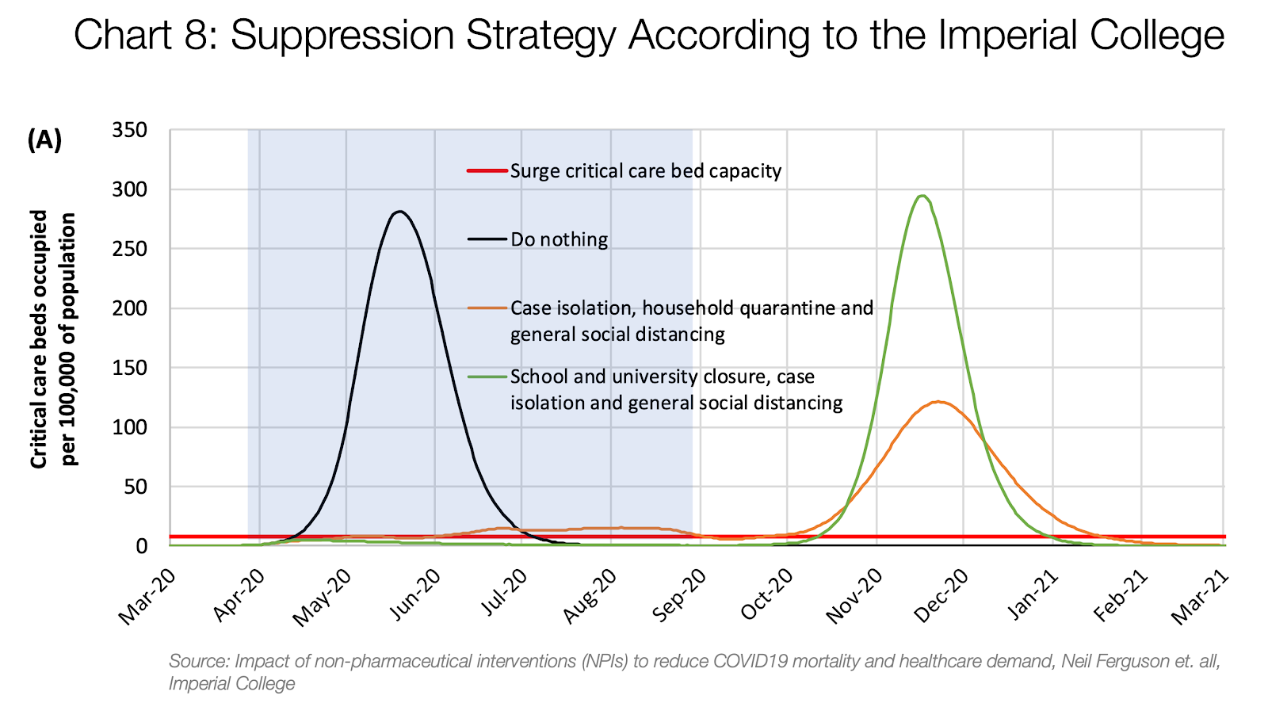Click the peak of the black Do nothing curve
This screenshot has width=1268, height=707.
tap(400, 212)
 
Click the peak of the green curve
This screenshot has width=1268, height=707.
tap(922, 196)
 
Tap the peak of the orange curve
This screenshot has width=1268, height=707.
tap(938, 402)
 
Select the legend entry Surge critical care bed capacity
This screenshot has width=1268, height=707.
tap(645, 171)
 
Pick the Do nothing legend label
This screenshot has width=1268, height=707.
tap(559, 239)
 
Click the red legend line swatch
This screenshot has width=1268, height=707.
tap(487, 170)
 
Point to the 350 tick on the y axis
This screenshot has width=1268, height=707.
tap(131, 130)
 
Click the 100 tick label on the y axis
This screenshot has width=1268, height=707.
tap(131, 427)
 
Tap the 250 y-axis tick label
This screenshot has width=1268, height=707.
tap(131, 249)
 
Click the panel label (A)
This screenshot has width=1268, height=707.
tap(44, 140)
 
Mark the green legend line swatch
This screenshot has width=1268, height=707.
tap(487, 376)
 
